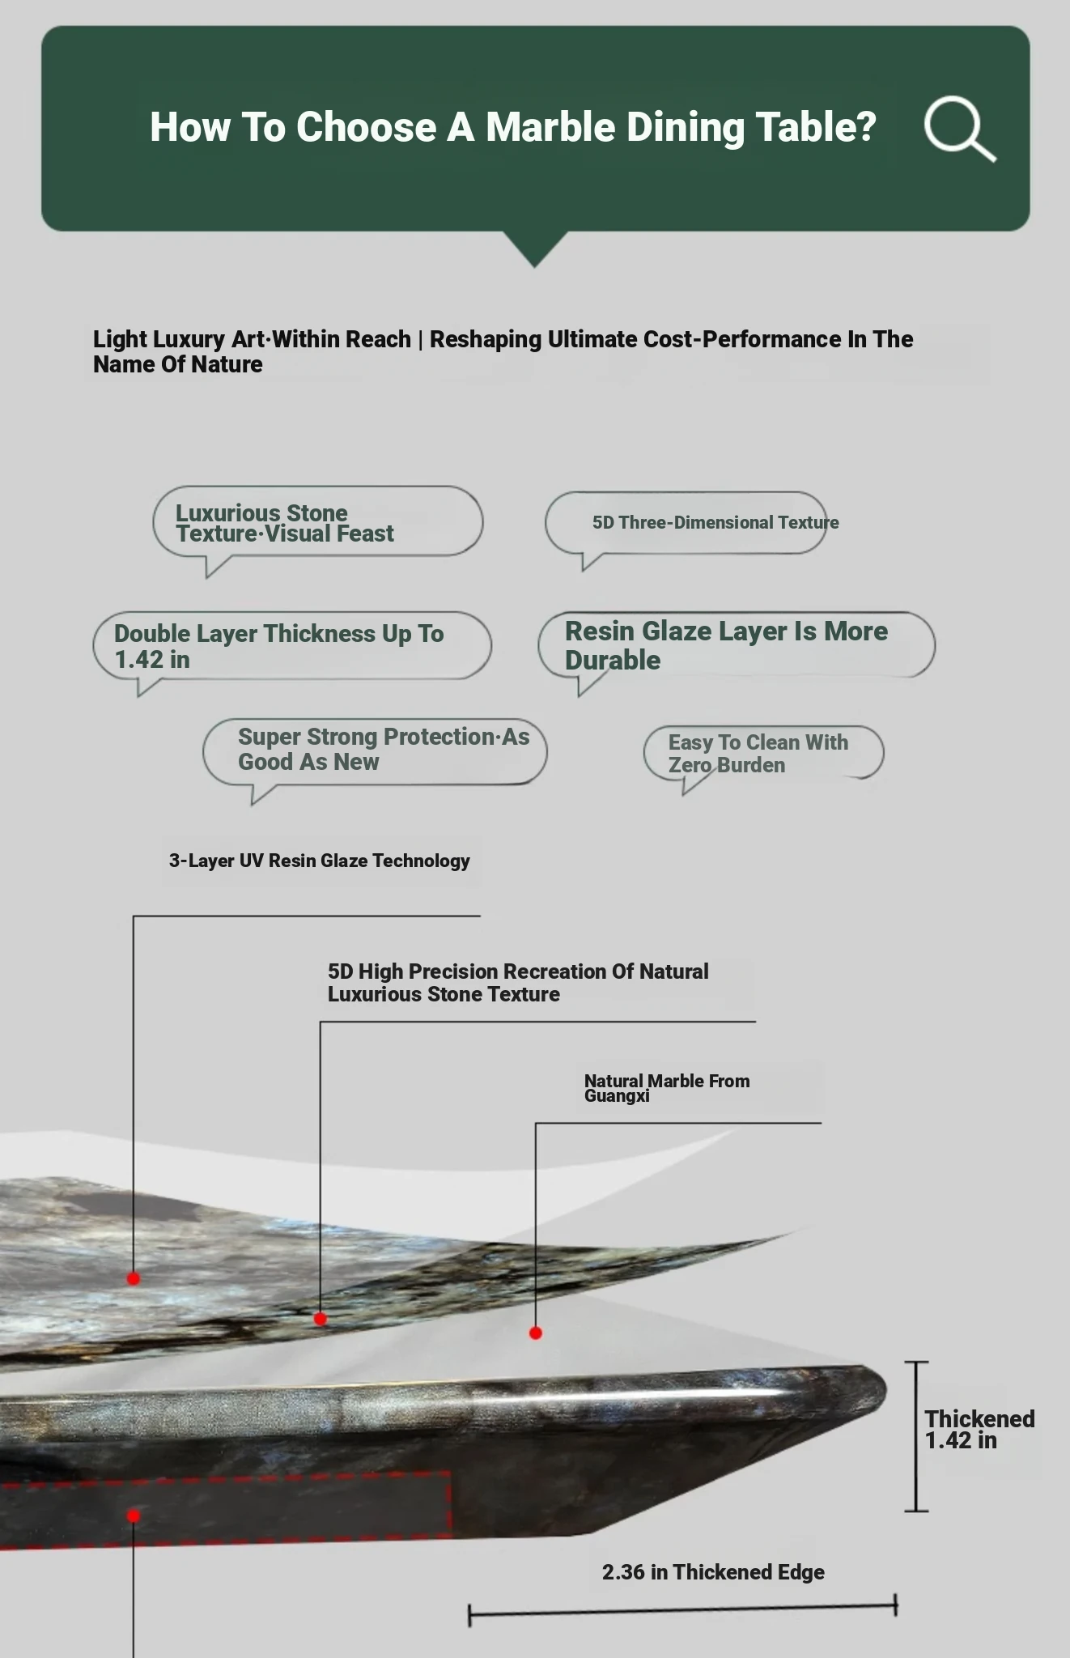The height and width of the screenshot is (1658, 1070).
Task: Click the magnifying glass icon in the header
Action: tap(958, 128)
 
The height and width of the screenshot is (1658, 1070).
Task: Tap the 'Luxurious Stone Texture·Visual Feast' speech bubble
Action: tap(317, 522)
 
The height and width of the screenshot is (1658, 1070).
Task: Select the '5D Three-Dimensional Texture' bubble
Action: tap(686, 523)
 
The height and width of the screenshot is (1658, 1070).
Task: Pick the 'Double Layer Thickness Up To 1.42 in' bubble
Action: tap(291, 646)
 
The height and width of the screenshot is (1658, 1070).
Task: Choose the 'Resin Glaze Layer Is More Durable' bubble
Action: tap(736, 645)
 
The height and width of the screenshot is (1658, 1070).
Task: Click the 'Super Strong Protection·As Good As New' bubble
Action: tap(374, 750)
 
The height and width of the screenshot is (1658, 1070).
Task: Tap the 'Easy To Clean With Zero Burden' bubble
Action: tap(763, 753)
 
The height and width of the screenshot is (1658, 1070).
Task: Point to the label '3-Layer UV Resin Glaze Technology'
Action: tap(320, 861)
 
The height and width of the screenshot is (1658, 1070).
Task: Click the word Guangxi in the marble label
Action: tap(617, 1096)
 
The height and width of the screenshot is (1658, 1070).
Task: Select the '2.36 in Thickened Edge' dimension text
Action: tap(713, 1572)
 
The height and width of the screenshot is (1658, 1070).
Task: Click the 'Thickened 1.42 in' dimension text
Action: tap(979, 1429)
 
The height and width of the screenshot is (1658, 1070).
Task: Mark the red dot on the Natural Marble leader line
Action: tap(536, 1333)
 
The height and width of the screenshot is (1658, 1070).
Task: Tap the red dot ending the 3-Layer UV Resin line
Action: tap(134, 1279)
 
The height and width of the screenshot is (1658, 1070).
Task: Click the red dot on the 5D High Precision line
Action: tap(321, 1319)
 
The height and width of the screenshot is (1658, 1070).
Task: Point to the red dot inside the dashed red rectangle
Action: tap(134, 1516)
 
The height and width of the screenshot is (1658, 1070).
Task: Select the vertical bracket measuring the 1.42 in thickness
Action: tap(916, 1436)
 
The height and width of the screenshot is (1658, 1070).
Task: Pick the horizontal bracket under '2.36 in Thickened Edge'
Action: tap(682, 1611)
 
